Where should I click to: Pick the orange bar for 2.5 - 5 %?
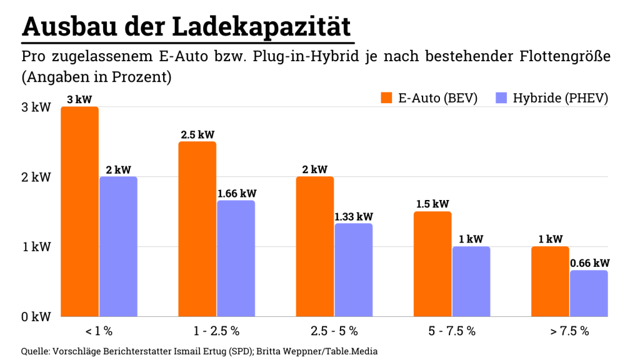tap(315, 246)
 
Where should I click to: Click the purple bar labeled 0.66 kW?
tap(589, 293)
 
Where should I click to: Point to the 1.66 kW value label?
tap(237, 193)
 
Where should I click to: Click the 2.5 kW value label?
tap(197, 134)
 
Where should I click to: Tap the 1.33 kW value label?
tap(354, 216)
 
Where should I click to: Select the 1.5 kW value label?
tap(432, 204)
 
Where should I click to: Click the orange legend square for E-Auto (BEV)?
tap(386, 98)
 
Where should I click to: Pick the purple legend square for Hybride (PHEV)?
tap(501, 98)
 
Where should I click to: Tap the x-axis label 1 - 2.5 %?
tap(217, 331)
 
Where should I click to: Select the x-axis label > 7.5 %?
tap(569, 331)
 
